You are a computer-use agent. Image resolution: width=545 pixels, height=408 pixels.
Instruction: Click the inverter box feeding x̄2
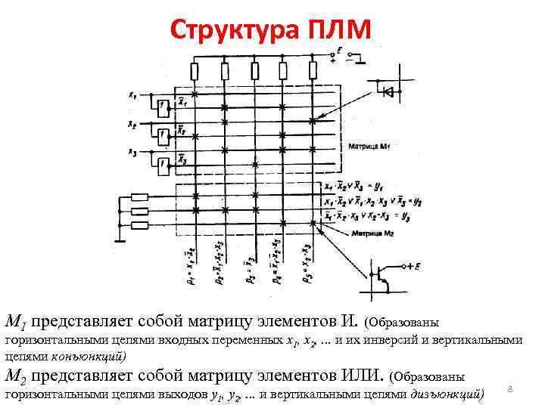[x=162, y=134]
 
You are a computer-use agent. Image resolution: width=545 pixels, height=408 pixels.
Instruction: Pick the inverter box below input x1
[x=162, y=107]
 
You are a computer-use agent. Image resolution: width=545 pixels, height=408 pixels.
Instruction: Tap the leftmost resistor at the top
[x=195, y=71]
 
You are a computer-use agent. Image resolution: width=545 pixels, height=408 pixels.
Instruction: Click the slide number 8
[x=511, y=388]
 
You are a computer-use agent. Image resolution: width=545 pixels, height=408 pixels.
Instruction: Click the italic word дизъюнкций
[x=447, y=394]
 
